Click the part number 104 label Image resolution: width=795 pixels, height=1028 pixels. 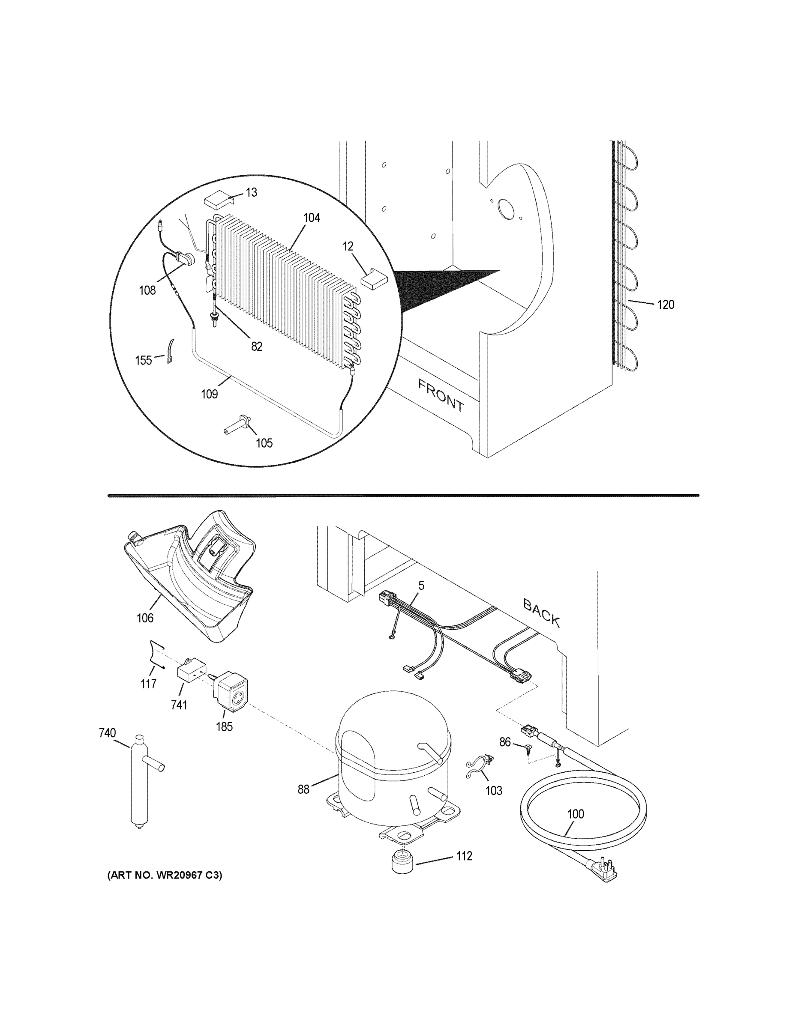click(x=311, y=218)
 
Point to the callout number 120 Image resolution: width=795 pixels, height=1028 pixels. click(x=666, y=305)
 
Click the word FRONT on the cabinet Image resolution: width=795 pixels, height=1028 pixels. click(x=441, y=395)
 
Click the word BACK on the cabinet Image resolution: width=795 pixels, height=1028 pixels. click(x=542, y=613)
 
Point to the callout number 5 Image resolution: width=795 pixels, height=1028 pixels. click(x=421, y=586)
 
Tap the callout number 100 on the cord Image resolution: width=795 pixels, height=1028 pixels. click(x=576, y=814)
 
